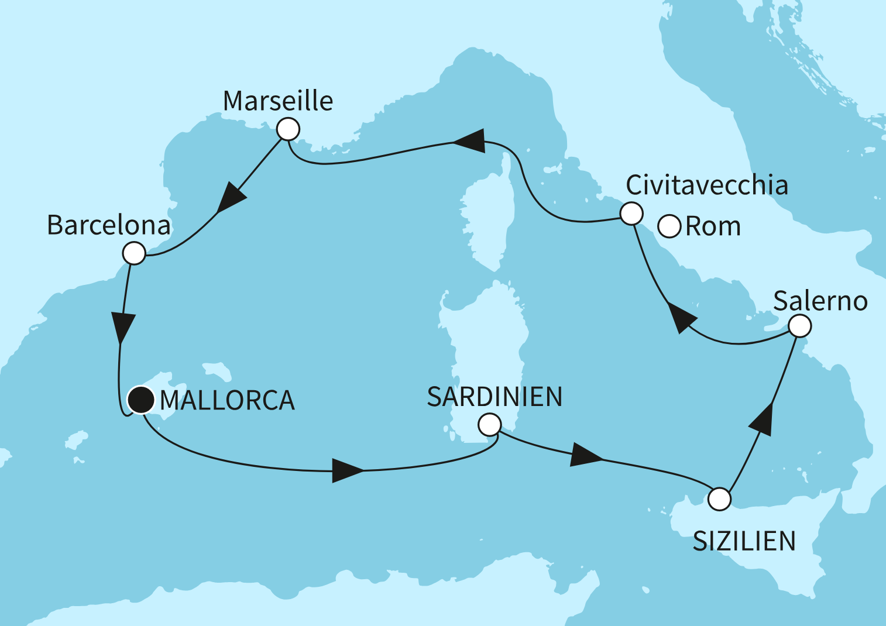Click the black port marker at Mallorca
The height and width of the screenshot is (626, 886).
coord(141,400)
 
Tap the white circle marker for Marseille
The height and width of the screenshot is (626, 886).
coord(288,129)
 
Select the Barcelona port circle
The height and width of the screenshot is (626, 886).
coord(134,253)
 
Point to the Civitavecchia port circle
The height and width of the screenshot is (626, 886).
coord(631,214)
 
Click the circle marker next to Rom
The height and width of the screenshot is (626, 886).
coord(669,226)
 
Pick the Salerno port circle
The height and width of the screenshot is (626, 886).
coord(800,325)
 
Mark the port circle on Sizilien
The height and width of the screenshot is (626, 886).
coord(719,500)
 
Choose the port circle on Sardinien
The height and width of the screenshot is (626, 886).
coord(489,424)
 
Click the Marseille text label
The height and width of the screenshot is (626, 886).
coord(278,101)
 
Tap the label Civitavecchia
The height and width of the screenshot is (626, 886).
coord(707,185)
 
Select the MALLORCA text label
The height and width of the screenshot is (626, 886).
coord(227,401)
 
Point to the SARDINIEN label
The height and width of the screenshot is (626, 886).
coord(494,397)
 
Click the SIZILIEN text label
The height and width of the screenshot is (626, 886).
coord(744,541)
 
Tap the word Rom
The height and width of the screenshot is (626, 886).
coord(713,226)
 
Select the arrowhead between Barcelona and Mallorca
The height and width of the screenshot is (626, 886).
coord(122,328)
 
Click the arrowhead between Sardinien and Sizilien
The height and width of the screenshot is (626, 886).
coord(585,455)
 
